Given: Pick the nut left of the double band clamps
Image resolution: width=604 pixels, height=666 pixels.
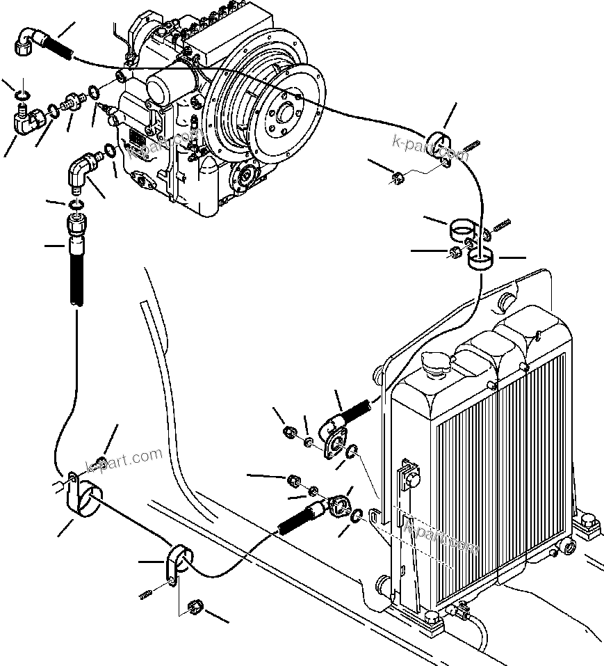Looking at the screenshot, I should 454,252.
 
